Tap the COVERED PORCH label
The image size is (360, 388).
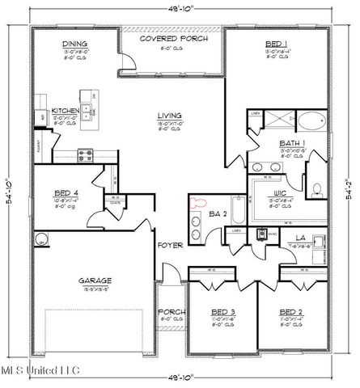click(172, 38)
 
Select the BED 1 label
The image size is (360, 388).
click(277, 45)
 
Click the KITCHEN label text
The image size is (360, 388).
click(65, 111)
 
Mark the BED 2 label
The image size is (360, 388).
click(290, 311)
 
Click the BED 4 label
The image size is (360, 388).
click(66, 194)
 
